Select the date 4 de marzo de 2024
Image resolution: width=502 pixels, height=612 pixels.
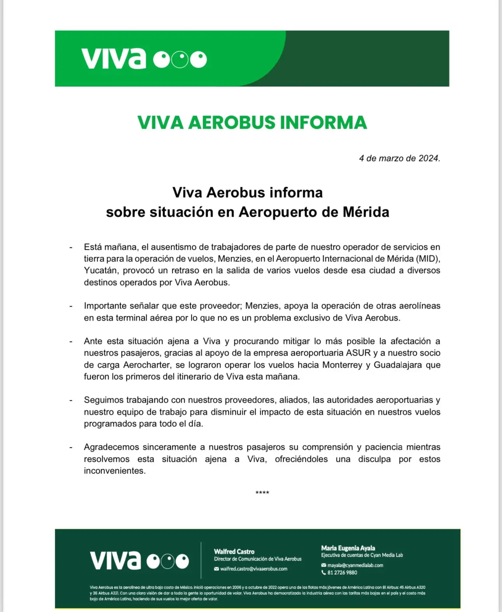[399, 158]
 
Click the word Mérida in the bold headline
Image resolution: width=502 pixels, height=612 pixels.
[366, 212]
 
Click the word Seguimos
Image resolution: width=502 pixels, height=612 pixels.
[103, 400]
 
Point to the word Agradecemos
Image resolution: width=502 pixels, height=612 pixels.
[111, 447]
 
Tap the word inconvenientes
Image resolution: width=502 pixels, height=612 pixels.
[114, 471]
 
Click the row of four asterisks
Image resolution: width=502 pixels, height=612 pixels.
[262, 493]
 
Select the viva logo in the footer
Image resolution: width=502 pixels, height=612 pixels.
[139, 561]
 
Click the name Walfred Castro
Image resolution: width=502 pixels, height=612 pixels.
[234, 552]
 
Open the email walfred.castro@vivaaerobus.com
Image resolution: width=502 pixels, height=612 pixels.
[254, 569]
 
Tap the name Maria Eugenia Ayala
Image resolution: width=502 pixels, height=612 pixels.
[348, 548]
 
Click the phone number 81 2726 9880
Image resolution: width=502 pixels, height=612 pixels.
[342, 573]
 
